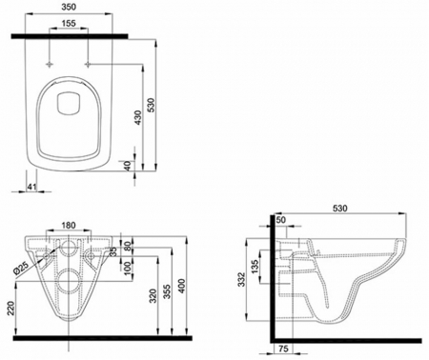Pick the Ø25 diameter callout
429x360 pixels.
(x=22, y=266)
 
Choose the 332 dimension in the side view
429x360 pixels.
(x=245, y=277)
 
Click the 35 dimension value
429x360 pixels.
(x=112, y=253)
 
